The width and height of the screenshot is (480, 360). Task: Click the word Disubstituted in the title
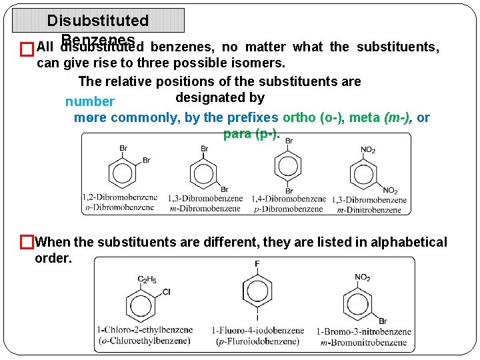pos(98,21)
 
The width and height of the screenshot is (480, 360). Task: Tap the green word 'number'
pos(90,102)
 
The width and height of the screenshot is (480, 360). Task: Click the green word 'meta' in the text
pos(365,118)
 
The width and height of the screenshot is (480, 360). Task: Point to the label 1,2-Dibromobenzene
pos(120,197)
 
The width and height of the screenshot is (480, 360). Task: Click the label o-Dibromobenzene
pos(120,207)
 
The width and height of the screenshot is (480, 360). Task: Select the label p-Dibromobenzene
pos(289,209)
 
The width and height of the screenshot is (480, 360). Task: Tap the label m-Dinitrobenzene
pos(371,209)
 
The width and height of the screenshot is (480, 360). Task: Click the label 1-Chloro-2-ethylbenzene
pos(145,329)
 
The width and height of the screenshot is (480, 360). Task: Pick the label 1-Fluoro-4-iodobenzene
pos(258,330)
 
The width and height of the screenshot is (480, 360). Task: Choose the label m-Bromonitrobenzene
pos(363,342)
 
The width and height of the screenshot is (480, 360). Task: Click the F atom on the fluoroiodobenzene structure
pos(257,265)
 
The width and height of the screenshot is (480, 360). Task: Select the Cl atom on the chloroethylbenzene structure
pos(166,291)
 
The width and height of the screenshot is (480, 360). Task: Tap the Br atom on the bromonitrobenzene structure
pos(383,321)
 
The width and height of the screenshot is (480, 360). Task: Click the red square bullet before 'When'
pos(27,241)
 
